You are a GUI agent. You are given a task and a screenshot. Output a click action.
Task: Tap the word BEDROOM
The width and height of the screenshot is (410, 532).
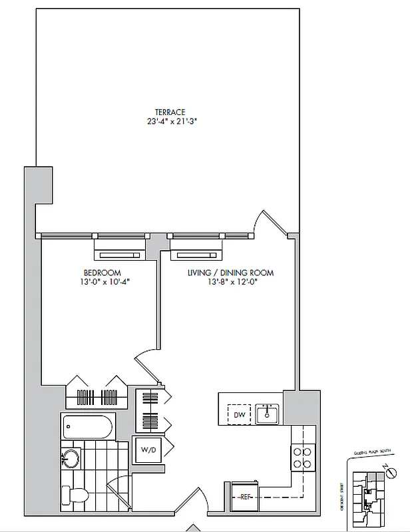(102, 273)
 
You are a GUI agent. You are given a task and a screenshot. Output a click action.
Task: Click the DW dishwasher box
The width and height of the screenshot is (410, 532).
(239, 415)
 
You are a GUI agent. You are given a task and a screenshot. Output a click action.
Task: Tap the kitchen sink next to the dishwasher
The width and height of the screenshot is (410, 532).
(269, 414)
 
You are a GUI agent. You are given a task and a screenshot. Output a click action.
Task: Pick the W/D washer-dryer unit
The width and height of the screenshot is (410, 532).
(146, 450)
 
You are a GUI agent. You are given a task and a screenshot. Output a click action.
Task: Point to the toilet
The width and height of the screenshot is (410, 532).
(73, 495)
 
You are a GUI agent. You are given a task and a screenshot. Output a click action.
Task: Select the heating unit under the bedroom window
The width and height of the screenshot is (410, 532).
(119, 253)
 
